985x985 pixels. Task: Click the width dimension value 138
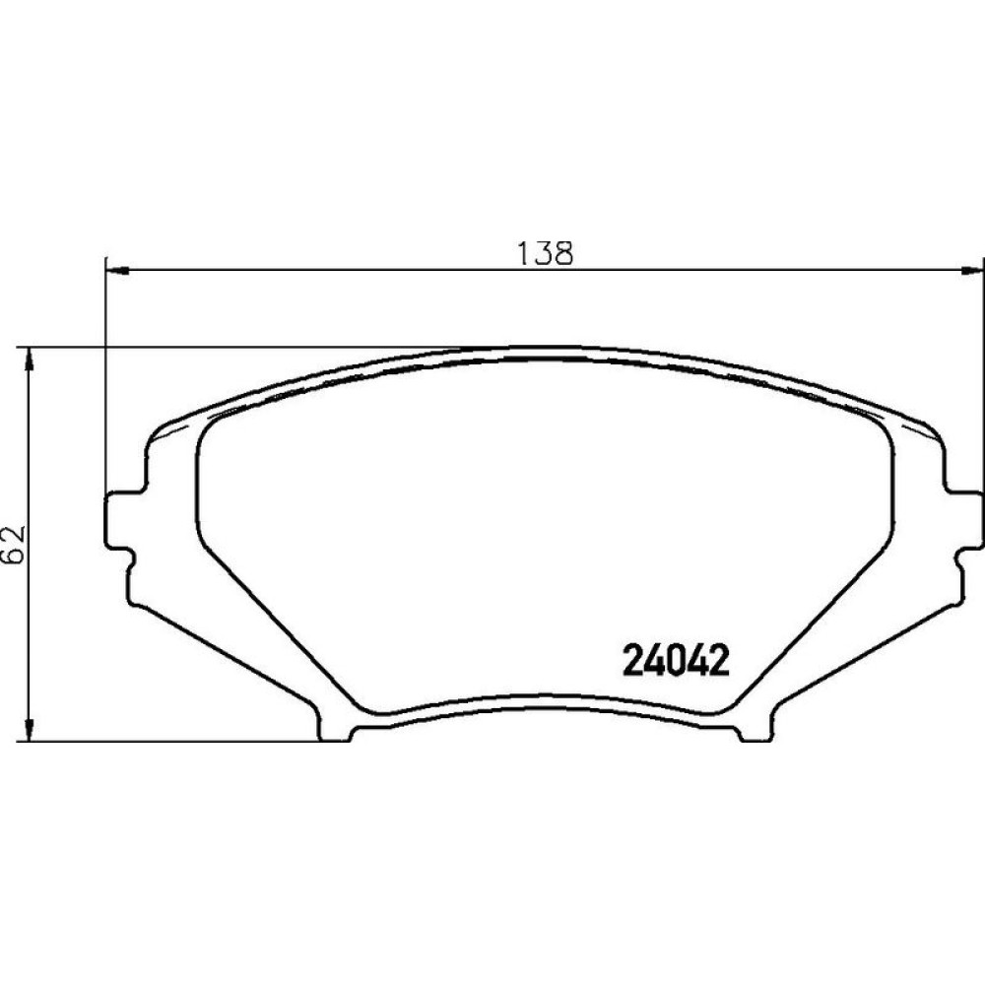(x=545, y=253)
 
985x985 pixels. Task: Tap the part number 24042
(x=676, y=660)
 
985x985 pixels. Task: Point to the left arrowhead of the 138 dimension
(x=117, y=271)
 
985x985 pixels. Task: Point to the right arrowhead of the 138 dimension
(x=970, y=271)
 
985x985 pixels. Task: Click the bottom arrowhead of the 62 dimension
(x=29, y=730)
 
